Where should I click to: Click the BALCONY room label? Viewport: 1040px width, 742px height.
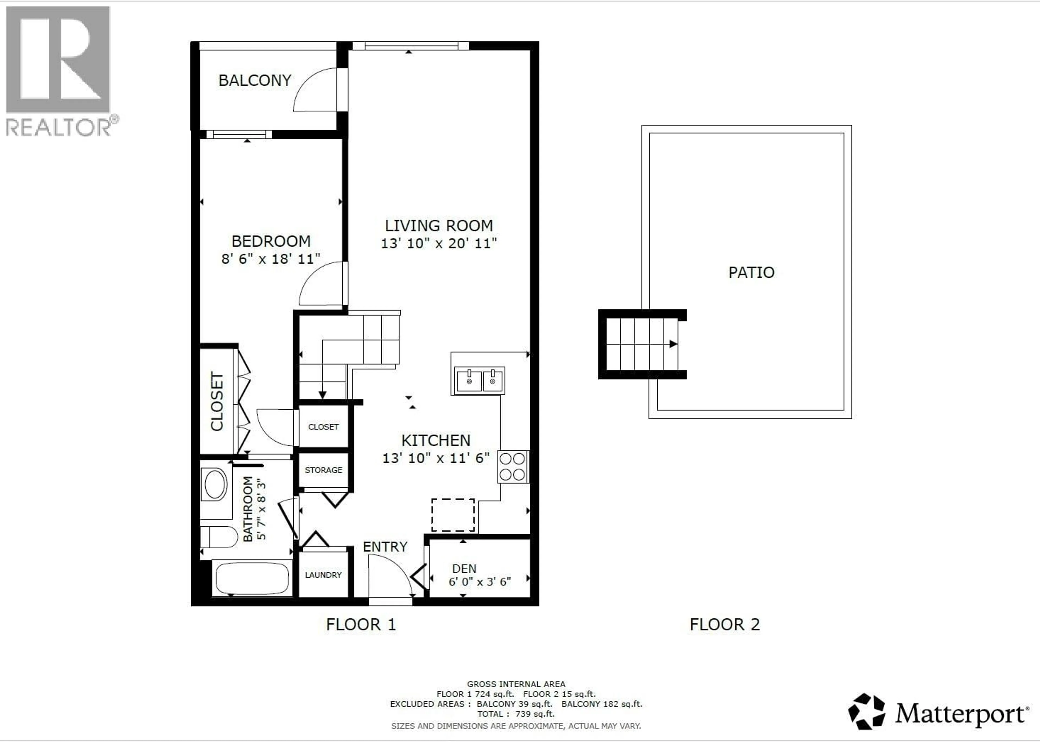[x=255, y=80]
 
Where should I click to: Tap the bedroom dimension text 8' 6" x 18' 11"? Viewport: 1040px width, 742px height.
[x=271, y=259]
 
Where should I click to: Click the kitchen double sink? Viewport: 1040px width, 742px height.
[x=480, y=380]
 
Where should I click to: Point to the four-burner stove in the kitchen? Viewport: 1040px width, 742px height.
[x=512, y=467]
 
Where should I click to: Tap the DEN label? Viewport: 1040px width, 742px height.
[x=464, y=568]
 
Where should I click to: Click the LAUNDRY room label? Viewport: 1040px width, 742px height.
[x=323, y=575]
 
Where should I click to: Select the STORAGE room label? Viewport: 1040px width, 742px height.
[x=323, y=470]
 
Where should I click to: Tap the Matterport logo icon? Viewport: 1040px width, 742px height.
[x=866, y=711]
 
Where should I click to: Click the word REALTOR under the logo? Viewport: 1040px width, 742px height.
[x=58, y=127]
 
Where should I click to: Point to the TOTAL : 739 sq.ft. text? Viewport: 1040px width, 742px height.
[x=516, y=714]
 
